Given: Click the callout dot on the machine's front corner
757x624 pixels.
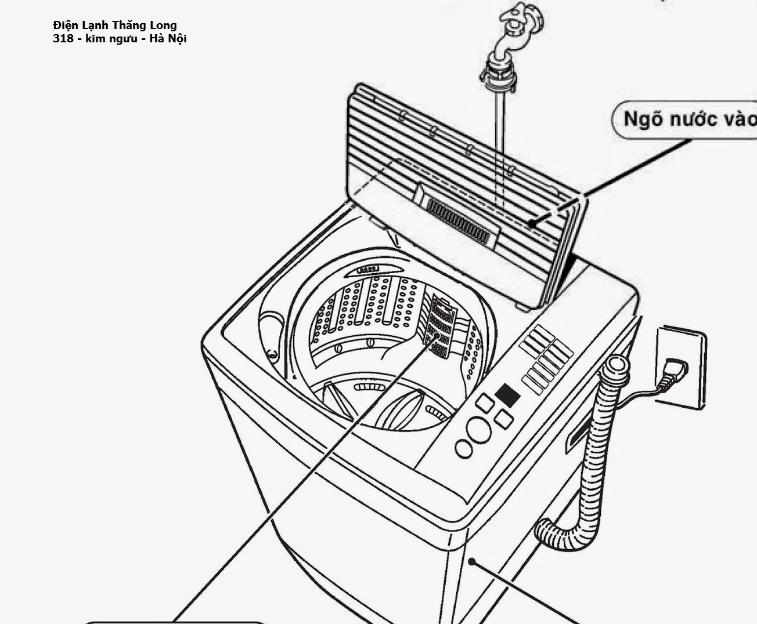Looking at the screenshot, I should [474, 561].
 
